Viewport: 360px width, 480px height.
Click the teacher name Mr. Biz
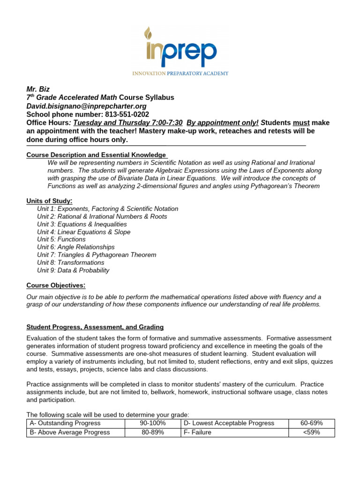(38, 89)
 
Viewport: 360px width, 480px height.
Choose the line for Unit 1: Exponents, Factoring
(107, 209)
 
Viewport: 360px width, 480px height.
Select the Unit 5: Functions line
(61, 240)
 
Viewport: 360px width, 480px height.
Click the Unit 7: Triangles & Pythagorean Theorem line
(97, 255)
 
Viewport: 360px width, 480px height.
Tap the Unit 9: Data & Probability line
(73, 270)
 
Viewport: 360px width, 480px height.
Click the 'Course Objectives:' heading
(56, 285)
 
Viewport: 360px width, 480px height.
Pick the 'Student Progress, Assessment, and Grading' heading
(95, 327)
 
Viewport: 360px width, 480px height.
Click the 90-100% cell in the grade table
(153, 423)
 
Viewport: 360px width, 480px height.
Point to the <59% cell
(311, 433)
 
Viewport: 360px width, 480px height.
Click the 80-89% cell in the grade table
(153, 433)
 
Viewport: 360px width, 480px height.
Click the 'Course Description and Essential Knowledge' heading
(96, 155)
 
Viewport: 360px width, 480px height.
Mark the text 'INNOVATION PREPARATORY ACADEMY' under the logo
(180, 73)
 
